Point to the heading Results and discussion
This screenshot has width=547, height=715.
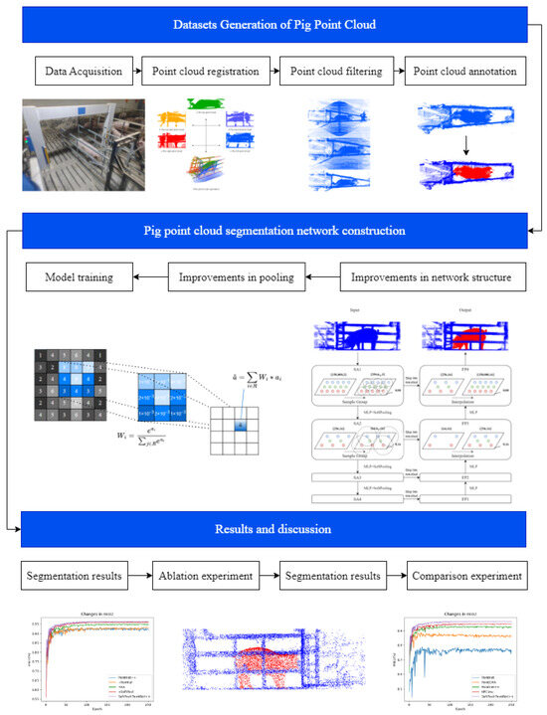click(273, 529)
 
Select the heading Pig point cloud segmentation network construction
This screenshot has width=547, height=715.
click(273, 231)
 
